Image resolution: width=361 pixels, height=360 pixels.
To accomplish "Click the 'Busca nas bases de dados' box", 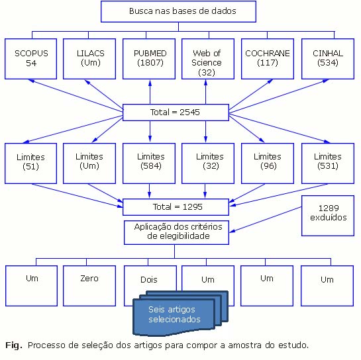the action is (178, 11).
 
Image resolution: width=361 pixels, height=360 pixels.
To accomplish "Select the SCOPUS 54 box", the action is (31, 59).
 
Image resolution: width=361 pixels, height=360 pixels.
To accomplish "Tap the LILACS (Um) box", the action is (89, 59).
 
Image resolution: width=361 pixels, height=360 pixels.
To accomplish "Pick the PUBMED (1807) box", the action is (149, 59).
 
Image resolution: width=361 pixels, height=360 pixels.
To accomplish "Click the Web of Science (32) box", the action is (208, 59).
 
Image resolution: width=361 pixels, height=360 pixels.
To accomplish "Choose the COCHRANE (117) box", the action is (268, 59).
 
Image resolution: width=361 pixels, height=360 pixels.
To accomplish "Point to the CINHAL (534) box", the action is (328, 59).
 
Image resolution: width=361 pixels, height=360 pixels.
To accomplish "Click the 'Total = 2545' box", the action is (176, 112).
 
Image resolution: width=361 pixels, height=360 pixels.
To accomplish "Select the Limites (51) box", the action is (31, 163).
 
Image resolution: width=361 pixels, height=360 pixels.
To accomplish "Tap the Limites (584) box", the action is (149, 163).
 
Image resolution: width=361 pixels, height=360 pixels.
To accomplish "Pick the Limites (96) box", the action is (268, 163).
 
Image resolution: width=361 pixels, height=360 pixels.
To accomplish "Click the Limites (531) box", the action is (328, 163).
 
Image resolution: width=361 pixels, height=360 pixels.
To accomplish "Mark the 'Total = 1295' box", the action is (176, 207).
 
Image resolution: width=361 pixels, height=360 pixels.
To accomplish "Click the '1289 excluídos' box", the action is (328, 216).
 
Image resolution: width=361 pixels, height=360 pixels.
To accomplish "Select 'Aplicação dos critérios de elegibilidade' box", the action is (176, 232).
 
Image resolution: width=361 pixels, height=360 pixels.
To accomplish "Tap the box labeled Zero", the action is (89, 286).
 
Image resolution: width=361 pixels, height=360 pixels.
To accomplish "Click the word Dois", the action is (149, 280).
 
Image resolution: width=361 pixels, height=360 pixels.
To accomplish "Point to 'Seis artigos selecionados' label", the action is (174, 314).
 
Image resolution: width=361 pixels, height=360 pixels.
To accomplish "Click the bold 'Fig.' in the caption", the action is (14, 345).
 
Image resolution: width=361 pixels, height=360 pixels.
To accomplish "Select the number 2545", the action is (189, 112).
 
